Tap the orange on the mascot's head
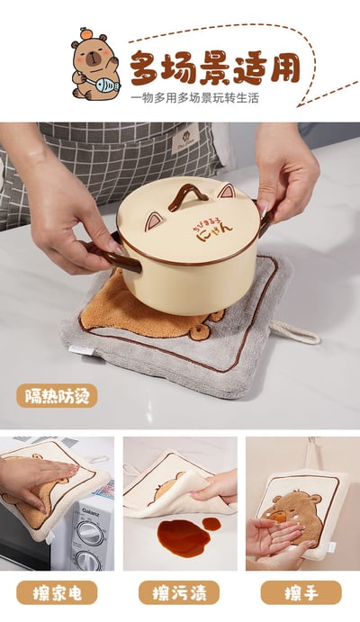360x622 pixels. (x=85, y=34)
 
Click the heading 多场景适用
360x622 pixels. (x=215, y=68)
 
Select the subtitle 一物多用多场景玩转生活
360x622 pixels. (x=193, y=97)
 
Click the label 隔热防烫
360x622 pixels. (x=57, y=395)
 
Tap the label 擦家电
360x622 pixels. (x=57, y=591)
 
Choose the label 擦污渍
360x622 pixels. (x=179, y=591)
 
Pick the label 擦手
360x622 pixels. (x=301, y=591)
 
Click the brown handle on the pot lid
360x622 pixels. (x=188, y=194)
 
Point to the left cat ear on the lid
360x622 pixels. (x=157, y=221)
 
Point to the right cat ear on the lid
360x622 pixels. (x=224, y=192)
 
